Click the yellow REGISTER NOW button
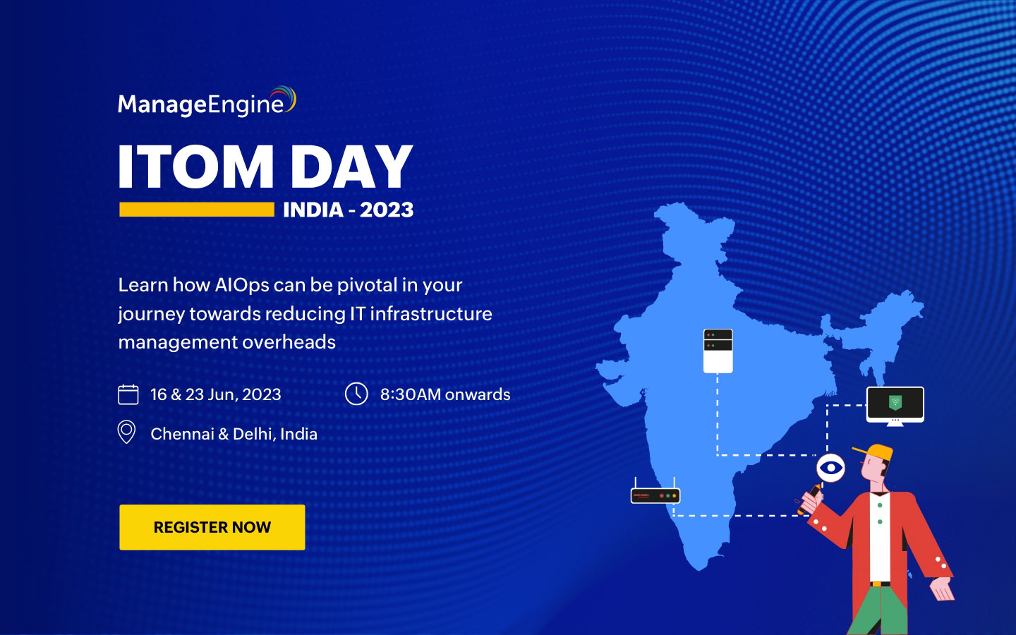coord(212,527)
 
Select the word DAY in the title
coord(351,167)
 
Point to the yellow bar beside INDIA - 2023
coord(196,210)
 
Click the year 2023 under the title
coord(387,210)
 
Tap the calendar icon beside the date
coord(128,394)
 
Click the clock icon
coord(356,394)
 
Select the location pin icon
coord(126,432)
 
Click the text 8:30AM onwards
coord(445,394)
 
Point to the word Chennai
coord(182,434)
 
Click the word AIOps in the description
coord(242,285)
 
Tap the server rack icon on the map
coord(718,350)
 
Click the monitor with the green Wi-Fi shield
coord(895,404)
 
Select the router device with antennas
coord(655,494)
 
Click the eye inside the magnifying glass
coord(830,468)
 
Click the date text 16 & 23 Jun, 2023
coord(215,394)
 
